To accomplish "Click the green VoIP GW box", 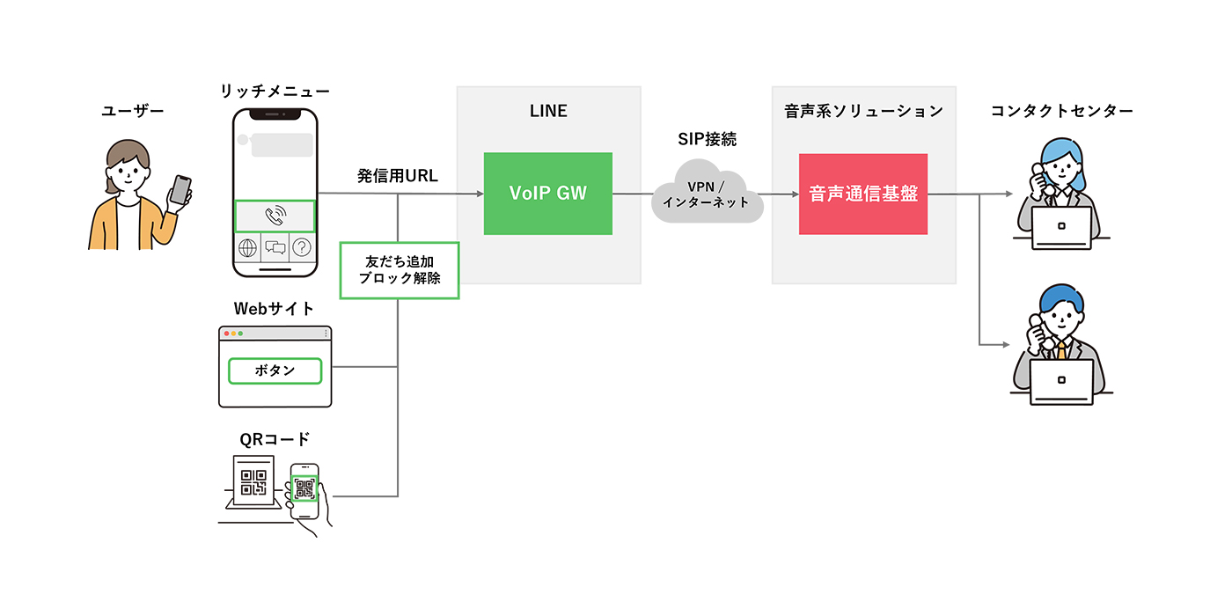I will click(x=547, y=194).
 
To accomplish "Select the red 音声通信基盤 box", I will click(x=862, y=194).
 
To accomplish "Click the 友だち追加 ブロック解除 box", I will click(x=400, y=270).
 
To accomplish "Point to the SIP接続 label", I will click(x=707, y=138).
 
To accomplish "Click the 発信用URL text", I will click(x=397, y=176).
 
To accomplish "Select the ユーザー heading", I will click(x=133, y=111).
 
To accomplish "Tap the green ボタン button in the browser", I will click(x=275, y=370).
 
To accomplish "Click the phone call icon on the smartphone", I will click(x=275, y=216).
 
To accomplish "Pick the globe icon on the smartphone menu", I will click(x=247, y=248).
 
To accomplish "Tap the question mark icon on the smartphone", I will click(x=302, y=248).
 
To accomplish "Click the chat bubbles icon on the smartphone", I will click(x=275, y=248).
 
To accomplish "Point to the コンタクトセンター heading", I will click(x=1061, y=111).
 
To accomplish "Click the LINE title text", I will click(x=547, y=111).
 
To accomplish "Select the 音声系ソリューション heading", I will click(x=862, y=111).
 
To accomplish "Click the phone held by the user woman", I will click(x=180, y=190).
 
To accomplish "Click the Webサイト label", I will click(x=274, y=309).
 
